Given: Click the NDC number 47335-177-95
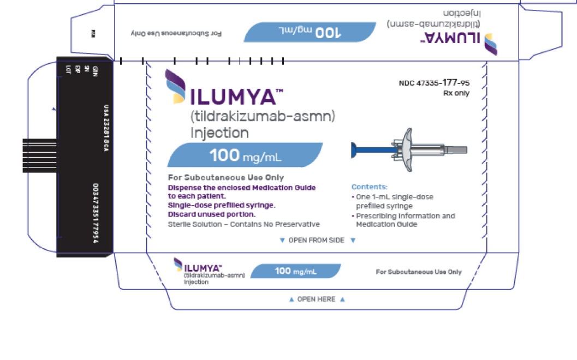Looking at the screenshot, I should click(x=434, y=83).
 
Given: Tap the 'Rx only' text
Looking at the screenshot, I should click(x=456, y=93).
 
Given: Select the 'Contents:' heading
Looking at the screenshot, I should click(x=369, y=187).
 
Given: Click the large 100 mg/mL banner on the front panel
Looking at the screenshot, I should click(x=245, y=155).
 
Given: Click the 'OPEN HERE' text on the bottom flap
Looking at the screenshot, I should click(x=316, y=299).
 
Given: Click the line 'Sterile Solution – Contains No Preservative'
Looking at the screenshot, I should click(x=243, y=224).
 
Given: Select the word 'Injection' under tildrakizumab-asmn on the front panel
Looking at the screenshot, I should click(x=219, y=133).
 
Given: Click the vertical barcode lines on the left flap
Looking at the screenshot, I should click(x=39, y=154).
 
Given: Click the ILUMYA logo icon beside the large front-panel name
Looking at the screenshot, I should click(x=176, y=86).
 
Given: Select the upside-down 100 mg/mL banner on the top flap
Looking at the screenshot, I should click(x=310, y=32).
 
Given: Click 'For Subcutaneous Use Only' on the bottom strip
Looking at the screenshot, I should click(x=419, y=272).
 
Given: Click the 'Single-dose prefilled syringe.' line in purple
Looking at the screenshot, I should click(x=221, y=205).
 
